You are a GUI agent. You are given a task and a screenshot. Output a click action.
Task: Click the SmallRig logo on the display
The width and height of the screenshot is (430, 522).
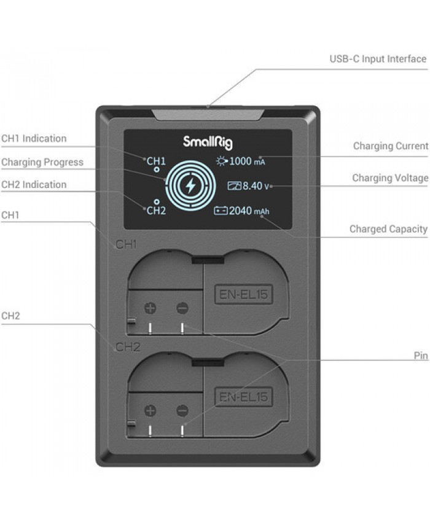pyautogui.click(x=208, y=142)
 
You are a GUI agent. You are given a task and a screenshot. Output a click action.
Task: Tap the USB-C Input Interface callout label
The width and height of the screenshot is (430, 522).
pyautogui.click(x=378, y=59)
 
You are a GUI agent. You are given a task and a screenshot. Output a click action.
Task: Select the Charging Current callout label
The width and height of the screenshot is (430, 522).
pyautogui.click(x=390, y=146)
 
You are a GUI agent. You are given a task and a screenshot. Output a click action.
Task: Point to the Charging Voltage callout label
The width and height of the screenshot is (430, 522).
pyautogui.click(x=390, y=177)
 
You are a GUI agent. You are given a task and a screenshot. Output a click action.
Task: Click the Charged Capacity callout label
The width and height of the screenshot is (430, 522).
pyautogui.click(x=388, y=229)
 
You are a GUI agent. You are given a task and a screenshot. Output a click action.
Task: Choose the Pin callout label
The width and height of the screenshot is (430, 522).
pyautogui.click(x=421, y=356)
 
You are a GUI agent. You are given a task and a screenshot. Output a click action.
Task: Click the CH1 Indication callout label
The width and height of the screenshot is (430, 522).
pyautogui.click(x=34, y=139)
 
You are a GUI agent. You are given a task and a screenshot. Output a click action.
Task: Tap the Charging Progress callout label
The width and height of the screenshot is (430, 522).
pyautogui.click(x=42, y=162)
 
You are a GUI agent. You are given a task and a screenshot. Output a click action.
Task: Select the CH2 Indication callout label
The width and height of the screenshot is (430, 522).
pyautogui.click(x=34, y=184)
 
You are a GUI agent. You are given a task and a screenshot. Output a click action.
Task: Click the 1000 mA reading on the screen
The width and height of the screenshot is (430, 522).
pyautogui.click(x=247, y=162)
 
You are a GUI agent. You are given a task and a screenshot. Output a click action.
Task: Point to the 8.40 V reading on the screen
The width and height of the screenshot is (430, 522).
pyautogui.click(x=256, y=185)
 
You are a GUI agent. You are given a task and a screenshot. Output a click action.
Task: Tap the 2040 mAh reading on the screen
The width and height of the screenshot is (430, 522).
pyautogui.click(x=249, y=211)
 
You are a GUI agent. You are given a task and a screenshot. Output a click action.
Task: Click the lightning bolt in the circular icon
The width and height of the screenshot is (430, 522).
pyautogui.click(x=190, y=185)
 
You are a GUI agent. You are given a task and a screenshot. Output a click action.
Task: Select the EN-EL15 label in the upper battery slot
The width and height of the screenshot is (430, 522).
pyautogui.click(x=243, y=294)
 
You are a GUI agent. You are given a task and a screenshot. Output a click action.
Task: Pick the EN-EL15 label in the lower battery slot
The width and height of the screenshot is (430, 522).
pyautogui.click(x=243, y=397)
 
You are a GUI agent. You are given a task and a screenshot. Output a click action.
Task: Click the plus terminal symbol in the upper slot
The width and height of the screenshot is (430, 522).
pyautogui.click(x=150, y=308)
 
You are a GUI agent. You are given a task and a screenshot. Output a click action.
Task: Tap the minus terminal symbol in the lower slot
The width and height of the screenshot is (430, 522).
pyautogui.click(x=182, y=410)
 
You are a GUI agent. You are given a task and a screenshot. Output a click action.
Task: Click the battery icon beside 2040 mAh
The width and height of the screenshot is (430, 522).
pyautogui.click(x=221, y=211)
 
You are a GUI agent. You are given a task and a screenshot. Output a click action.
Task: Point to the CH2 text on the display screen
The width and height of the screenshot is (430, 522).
pyautogui.click(x=156, y=211)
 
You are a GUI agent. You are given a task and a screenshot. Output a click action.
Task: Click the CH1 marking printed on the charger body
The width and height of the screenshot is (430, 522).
pyautogui.click(x=126, y=244)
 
